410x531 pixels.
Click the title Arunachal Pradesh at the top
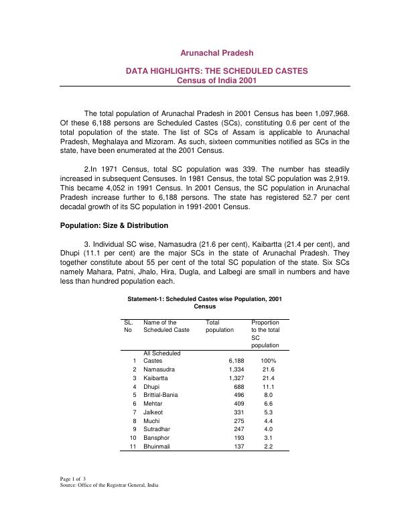click(x=217, y=52)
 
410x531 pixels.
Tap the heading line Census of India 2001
click(x=217, y=80)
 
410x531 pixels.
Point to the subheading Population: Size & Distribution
click(x=114, y=225)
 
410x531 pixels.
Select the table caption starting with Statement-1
click(x=204, y=302)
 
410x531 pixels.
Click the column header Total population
click(x=220, y=326)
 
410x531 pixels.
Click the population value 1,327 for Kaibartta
click(x=236, y=379)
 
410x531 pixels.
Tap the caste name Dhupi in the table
click(x=152, y=388)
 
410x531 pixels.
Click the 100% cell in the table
click(x=269, y=361)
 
